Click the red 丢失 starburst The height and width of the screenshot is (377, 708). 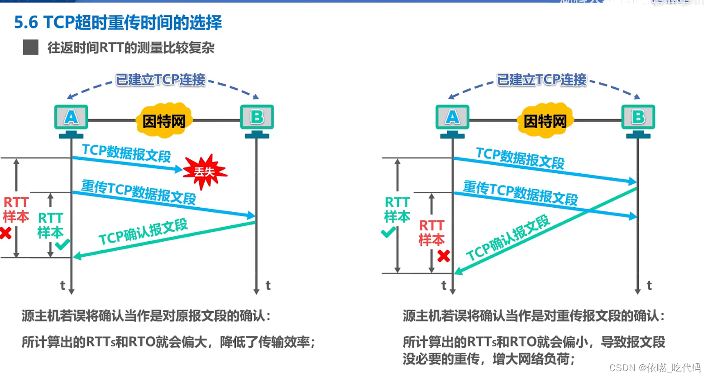205,172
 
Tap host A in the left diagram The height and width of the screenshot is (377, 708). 71,118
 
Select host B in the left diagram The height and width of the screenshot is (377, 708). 257,118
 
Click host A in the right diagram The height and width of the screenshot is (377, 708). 452,118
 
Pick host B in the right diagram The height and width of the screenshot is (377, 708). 638,118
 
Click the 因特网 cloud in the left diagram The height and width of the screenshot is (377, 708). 164,121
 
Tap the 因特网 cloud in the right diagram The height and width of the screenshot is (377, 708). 545,121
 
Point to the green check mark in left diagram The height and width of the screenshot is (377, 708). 62,244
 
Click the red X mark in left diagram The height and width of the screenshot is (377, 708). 5,234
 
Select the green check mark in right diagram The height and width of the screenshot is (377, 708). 388,233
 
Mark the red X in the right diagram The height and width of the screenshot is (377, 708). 444,256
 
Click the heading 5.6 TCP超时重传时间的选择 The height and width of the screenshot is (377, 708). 118,22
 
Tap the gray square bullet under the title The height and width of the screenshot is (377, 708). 31,47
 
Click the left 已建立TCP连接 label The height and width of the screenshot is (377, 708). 161,80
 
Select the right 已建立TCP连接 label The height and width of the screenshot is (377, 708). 542,80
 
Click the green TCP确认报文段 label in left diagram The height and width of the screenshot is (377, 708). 143,232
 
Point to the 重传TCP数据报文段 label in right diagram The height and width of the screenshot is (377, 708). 520,193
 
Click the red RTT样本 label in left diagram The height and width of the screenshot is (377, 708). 16,210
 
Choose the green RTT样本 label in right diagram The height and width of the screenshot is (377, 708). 397,210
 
